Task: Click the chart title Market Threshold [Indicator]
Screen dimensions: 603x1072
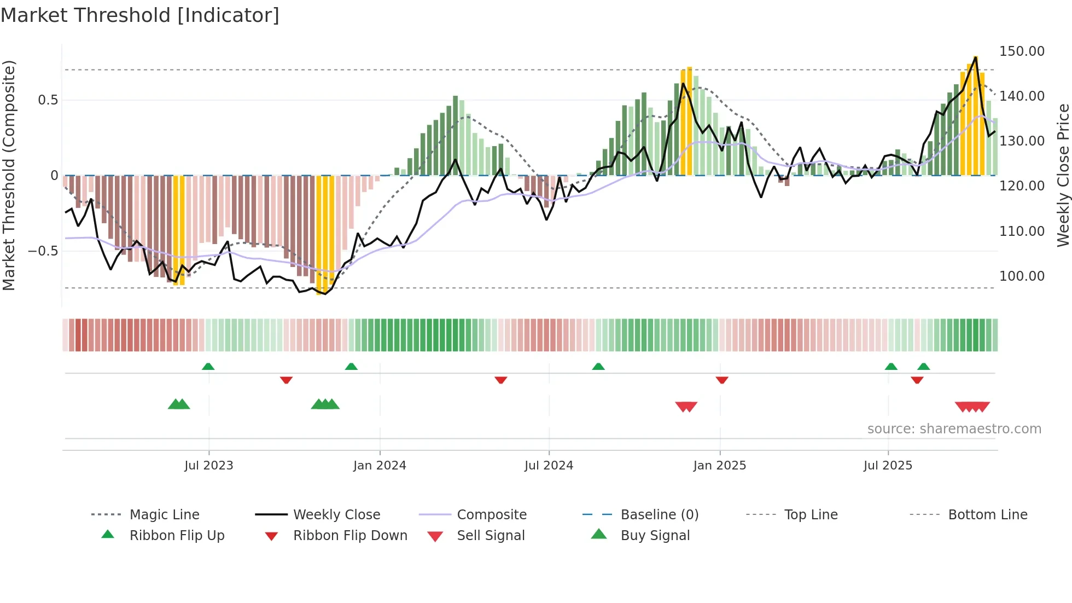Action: [x=140, y=15]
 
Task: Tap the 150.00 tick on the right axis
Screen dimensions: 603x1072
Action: [x=1022, y=51]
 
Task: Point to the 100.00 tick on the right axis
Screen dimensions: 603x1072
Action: [x=1022, y=276]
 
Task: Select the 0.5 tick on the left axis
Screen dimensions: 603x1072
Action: [x=48, y=100]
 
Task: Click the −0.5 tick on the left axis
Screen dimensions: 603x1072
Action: [x=43, y=251]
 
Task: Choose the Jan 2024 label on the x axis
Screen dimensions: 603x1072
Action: [x=380, y=466]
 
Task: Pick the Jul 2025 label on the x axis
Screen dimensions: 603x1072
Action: [x=888, y=466]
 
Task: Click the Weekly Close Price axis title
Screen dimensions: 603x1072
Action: [x=1063, y=175]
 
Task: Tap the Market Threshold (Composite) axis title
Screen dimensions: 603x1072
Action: [x=9, y=175]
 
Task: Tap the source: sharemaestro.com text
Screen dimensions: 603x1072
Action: [x=954, y=429]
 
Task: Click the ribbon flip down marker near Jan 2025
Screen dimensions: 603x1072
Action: [x=722, y=380]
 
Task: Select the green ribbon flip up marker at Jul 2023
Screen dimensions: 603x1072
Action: [x=208, y=367]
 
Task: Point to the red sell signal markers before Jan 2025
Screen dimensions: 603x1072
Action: [x=686, y=407]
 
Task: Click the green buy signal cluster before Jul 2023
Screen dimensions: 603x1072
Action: [x=179, y=404]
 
